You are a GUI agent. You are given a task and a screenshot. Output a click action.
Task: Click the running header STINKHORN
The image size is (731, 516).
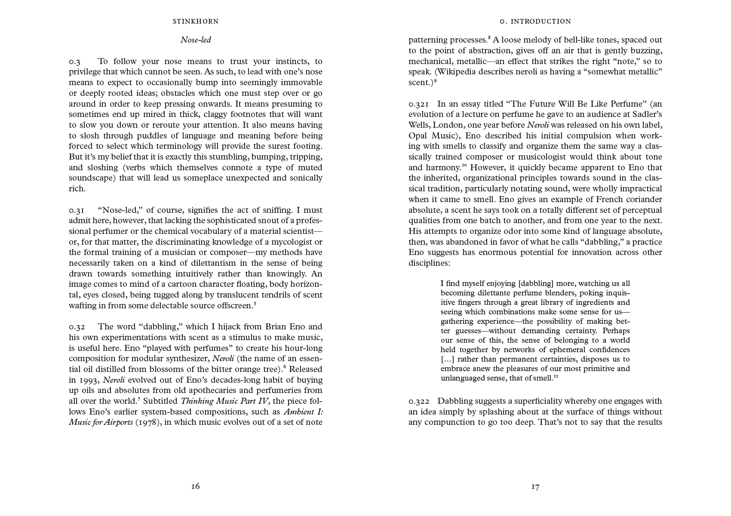coord(196,21)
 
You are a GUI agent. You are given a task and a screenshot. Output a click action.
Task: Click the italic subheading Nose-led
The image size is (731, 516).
coord(196,40)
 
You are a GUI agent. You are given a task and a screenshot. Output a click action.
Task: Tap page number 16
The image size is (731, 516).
coord(195,486)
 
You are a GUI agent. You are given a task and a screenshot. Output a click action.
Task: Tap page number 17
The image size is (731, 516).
coord(535,487)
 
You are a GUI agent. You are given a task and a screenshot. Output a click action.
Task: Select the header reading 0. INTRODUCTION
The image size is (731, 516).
coord(535,21)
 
